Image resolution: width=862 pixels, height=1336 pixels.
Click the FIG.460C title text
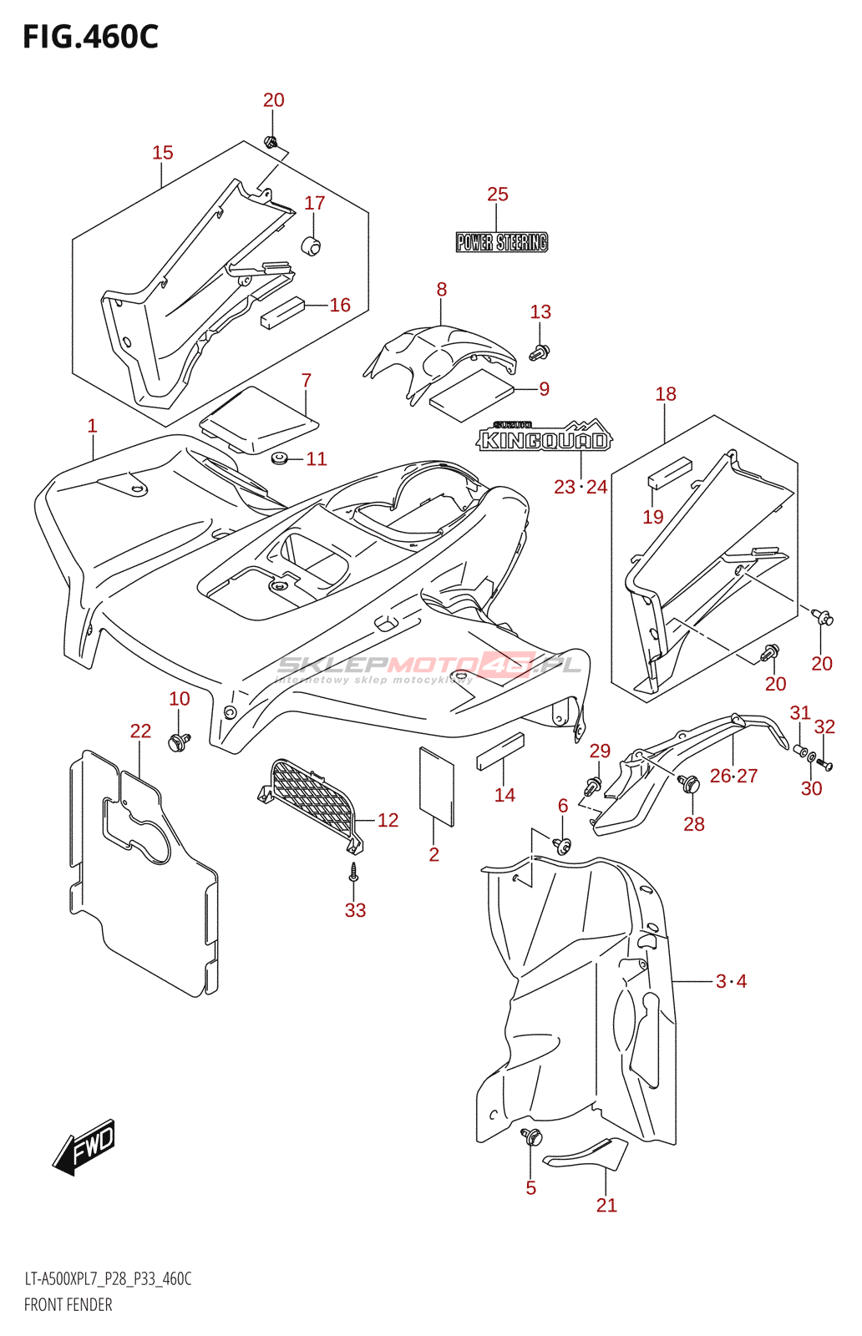(91, 38)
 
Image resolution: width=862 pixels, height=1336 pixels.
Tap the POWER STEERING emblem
(502, 242)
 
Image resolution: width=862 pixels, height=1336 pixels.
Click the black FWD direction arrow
(84, 1146)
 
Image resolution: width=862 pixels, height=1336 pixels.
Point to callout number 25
(498, 194)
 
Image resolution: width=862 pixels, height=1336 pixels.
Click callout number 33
(355, 910)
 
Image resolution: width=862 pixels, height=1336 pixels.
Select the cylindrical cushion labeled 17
(310, 245)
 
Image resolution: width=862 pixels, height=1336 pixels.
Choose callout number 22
(141, 731)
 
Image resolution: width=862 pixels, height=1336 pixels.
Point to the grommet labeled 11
(279, 458)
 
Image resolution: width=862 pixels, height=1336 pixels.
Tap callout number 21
(606, 1205)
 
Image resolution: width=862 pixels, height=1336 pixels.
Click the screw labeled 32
(824, 763)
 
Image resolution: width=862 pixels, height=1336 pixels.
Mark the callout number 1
(92, 426)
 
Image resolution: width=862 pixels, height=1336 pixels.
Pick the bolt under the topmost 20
(271, 142)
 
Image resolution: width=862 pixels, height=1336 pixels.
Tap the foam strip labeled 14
(500, 751)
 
